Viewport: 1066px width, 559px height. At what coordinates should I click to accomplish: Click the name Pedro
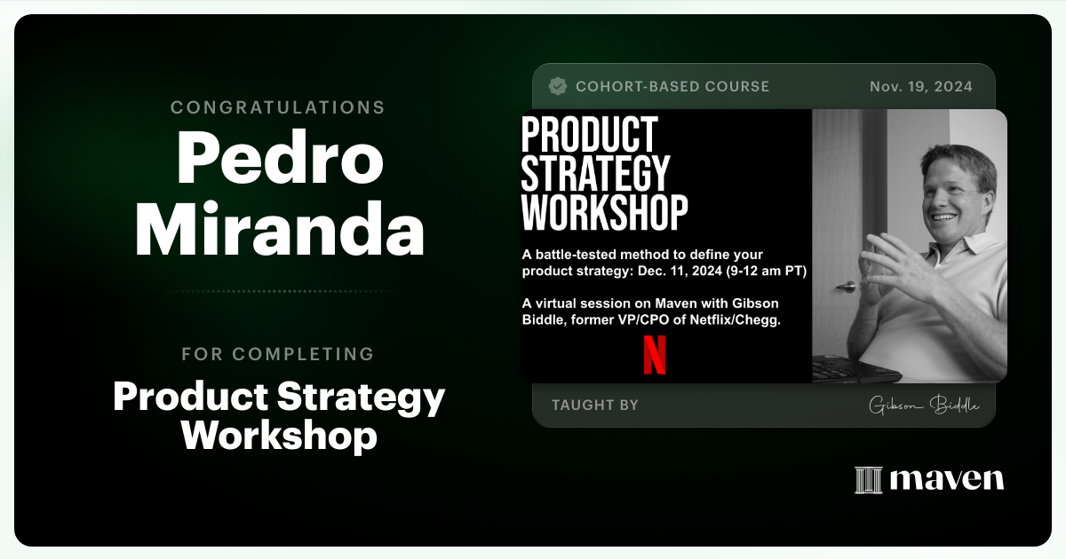click(x=279, y=158)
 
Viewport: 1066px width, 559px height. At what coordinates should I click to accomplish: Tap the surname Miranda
click(x=279, y=230)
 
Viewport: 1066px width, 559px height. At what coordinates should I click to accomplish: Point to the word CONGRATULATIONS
click(x=278, y=107)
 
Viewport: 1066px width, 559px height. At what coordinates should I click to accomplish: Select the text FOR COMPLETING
click(x=278, y=354)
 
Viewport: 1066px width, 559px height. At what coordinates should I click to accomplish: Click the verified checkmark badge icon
click(x=558, y=86)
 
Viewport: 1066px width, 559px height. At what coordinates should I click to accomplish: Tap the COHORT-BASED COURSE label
click(x=672, y=86)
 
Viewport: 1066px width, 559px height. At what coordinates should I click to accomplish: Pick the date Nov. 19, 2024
click(x=920, y=86)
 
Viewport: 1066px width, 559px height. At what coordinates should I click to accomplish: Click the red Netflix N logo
click(x=655, y=353)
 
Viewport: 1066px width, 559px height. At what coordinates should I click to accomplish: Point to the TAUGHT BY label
click(x=594, y=405)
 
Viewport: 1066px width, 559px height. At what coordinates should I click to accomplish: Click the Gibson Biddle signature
click(x=924, y=405)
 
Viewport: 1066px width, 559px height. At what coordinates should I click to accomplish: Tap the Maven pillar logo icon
click(x=868, y=480)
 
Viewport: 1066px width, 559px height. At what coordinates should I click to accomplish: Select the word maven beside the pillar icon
click(x=947, y=480)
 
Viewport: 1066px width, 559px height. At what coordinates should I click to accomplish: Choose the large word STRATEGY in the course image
click(x=595, y=173)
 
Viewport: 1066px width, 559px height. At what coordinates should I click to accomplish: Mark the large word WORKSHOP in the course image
click(x=604, y=212)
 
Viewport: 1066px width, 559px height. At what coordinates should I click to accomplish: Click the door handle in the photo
click(x=847, y=287)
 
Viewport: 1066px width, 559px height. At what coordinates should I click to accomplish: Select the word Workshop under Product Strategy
click(x=279, y=436)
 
